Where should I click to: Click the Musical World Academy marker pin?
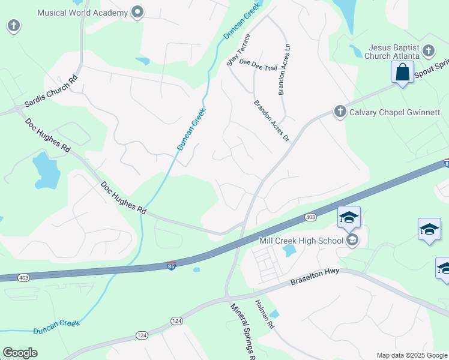click(x=138, y=12)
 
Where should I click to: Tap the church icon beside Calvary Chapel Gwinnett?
click(x=340, y=112)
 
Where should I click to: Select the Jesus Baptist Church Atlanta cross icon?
click(x=429, y=50)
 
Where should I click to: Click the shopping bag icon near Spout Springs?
click(x=403, y=72)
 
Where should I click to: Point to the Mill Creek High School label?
click(x=301, y=241)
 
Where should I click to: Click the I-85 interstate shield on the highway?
click(x=171, y=265)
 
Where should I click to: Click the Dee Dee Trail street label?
click(x=258, y=64)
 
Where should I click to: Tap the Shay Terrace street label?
click(x=238, y=50)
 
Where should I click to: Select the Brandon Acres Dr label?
click(x=272, y=121)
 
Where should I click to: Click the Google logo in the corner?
click(x=20, y=353)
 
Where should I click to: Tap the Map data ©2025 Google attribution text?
click(x=412, y=355)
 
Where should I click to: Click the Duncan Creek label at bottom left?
click(x=56, y=327)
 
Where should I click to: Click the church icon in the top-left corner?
click(x=14, y=26)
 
